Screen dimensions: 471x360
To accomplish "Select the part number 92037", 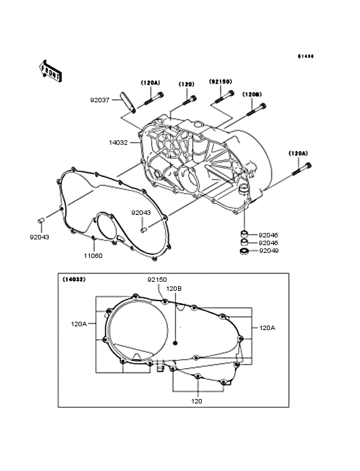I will click(100, 100).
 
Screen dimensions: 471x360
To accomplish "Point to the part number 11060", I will click(93, 255).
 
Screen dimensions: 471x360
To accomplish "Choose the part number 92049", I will click(268, 251).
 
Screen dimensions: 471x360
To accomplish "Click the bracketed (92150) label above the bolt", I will click(220, 82).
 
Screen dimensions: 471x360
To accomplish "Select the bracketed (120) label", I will click(186, 84).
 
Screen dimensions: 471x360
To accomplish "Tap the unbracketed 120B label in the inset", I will click(174, 289).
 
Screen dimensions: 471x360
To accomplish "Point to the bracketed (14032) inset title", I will click(75, 280).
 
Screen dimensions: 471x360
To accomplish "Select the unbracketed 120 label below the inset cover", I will click(197, 400).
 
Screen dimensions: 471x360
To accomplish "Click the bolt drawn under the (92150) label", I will click(224, 97).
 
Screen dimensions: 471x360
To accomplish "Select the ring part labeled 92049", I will click(244, 252).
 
